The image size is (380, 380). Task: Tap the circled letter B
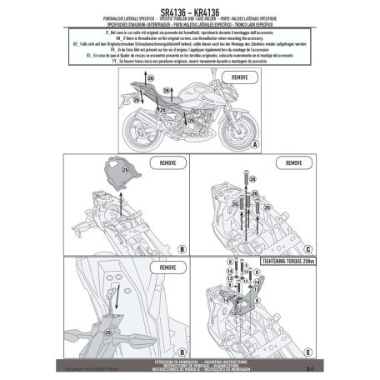(182, 247)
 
